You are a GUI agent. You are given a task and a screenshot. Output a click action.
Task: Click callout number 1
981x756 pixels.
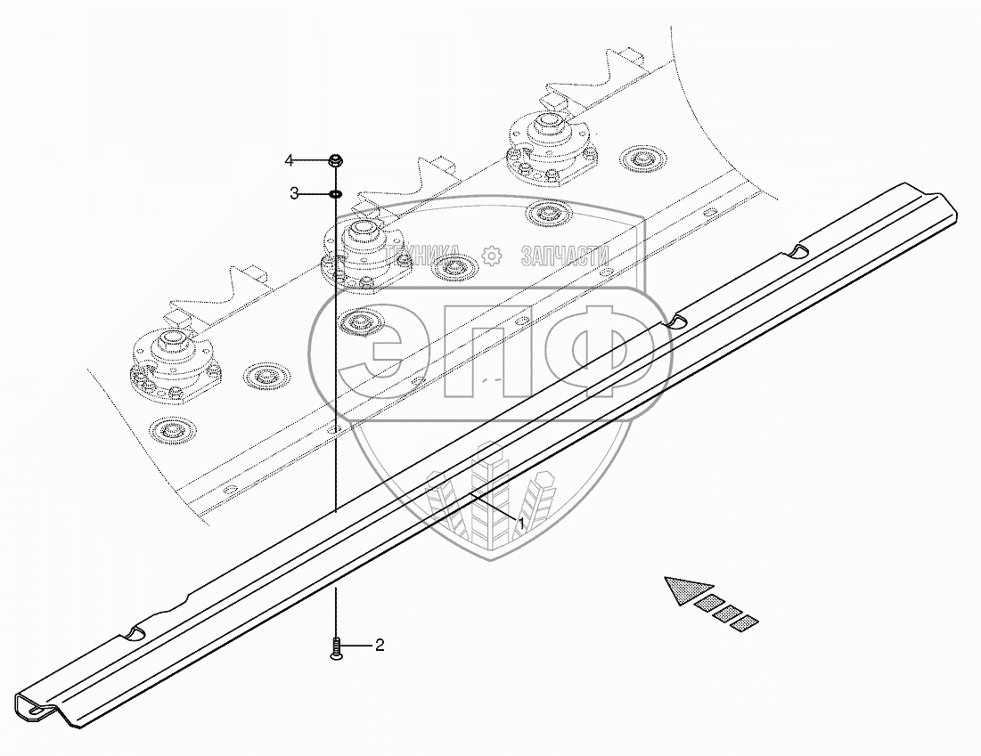(x=521, y=524)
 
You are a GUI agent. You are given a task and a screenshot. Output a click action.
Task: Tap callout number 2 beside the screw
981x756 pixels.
(x=379, y=646)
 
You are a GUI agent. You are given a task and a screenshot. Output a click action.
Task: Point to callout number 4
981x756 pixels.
(x=289, y=160)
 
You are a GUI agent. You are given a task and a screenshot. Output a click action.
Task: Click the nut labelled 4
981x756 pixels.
(x=336, y=161)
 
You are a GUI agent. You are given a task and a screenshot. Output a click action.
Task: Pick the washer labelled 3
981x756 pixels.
(x=336, y=193)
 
